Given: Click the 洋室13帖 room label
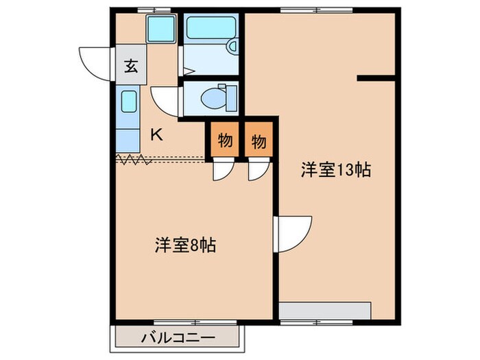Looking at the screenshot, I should pyautogui.click(x=335, y=171).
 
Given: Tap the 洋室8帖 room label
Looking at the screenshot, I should pyautogui.click(x=185, y=245).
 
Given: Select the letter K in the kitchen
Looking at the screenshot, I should pyautogui.click(x=156, y=134).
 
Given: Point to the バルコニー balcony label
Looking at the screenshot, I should pyautogui.click(x=179, y=338).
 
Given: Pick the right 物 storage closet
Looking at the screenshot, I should pyautogui.click(x=259, y=141).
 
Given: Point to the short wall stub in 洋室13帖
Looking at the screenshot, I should pyautogui.click(x=376, y=79).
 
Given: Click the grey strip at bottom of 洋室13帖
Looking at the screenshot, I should pyautogui.click(x=325, y=311).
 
